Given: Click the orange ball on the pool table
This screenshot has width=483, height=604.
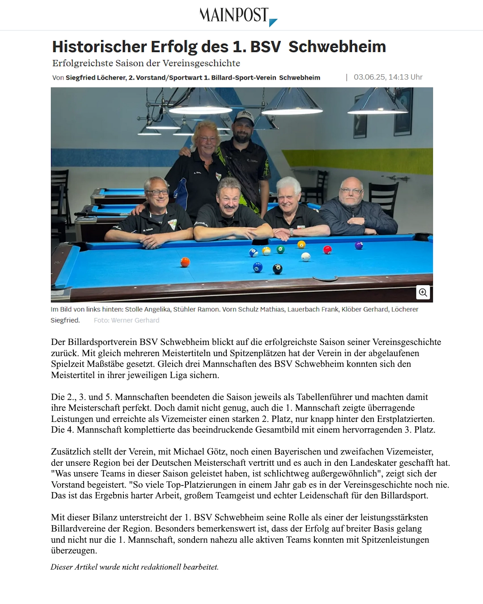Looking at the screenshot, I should pos(185,262).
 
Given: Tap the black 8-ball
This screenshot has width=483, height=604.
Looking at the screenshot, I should pos(278,269).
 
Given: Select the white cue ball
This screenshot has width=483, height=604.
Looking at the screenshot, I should pos(306,257).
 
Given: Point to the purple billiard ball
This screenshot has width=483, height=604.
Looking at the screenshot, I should pos(359,245).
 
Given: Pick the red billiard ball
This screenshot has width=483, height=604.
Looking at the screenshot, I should pos(327,250).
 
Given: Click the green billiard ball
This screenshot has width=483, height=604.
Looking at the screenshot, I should pos(280,249).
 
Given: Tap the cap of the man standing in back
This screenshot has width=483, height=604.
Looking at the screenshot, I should pos(244,117).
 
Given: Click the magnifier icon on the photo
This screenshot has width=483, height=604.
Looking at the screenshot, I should pos(423,293).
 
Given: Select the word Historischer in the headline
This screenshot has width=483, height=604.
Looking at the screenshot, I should pos(99,47).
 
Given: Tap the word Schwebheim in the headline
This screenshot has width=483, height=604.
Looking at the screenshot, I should pos(337,47).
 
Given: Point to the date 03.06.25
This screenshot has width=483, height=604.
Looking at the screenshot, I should pos(369,77).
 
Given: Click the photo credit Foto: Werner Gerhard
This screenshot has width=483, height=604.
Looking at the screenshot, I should pos(126,320).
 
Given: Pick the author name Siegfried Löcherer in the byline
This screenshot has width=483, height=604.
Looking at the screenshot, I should pos(96,77).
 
